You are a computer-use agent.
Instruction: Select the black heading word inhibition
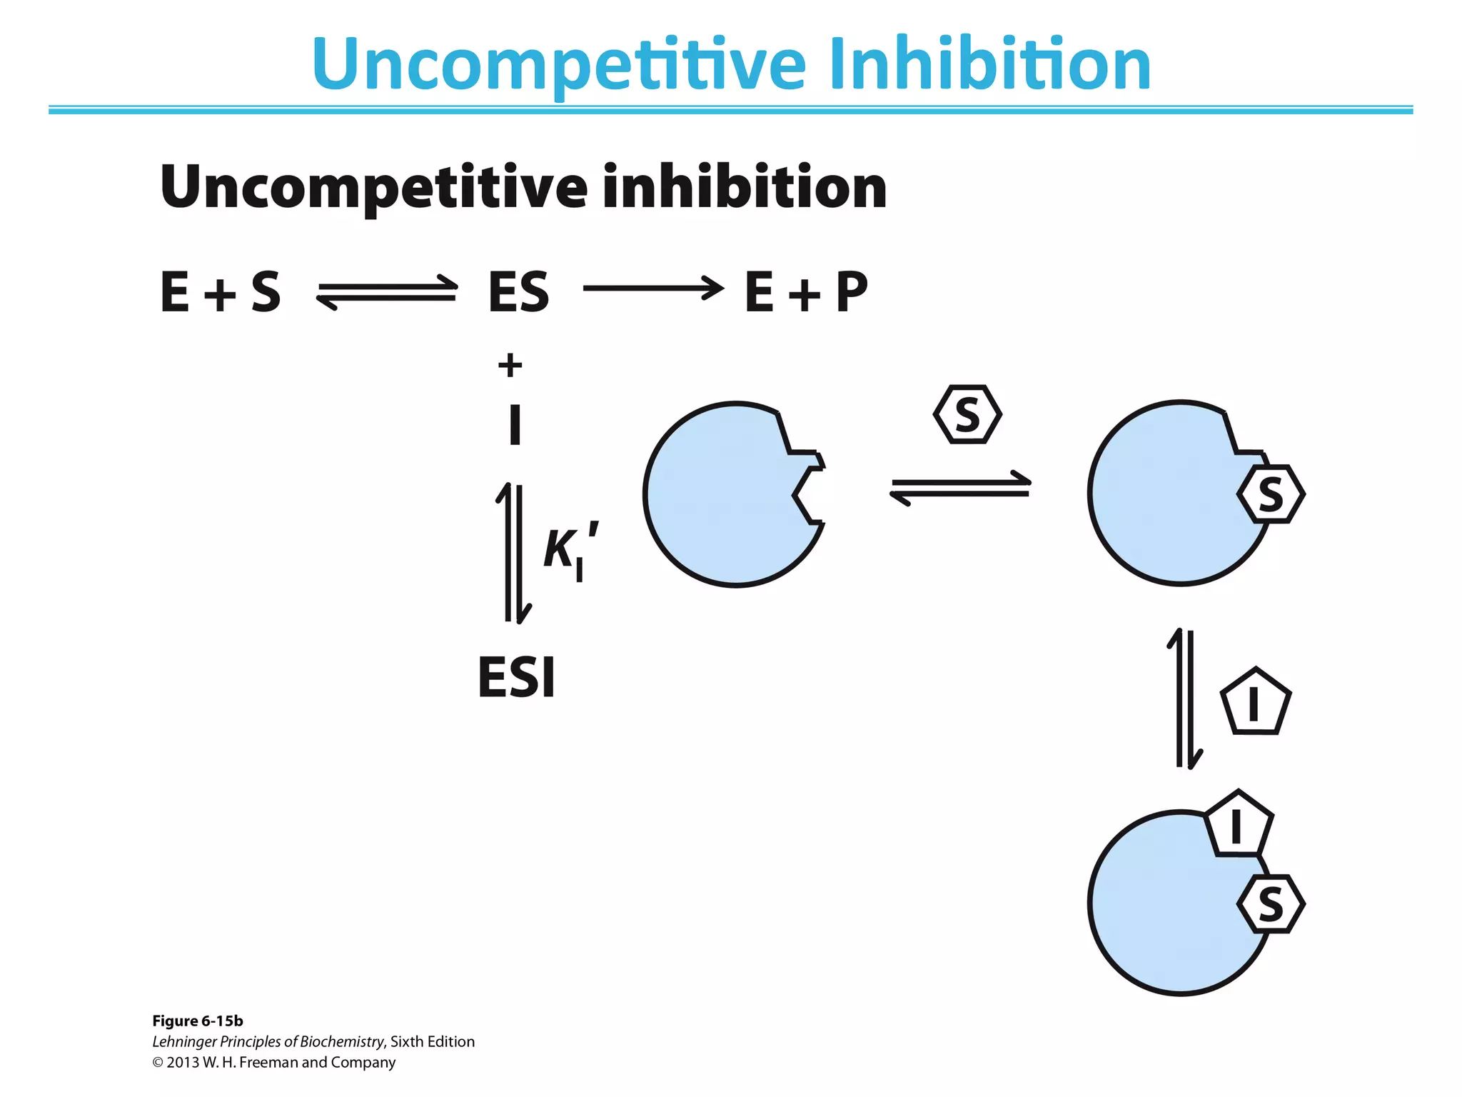click(744, 187)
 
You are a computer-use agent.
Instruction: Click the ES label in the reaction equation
click(518, 292)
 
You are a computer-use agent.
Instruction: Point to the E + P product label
click(806, 292)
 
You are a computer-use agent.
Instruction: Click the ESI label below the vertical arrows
click(516, 677)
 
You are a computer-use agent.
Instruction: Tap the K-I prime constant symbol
click(569, 551)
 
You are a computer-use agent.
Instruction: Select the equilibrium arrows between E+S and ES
click(387, 292)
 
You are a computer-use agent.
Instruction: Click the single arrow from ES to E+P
click(653, 289)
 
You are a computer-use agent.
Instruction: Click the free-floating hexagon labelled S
click(967, 415)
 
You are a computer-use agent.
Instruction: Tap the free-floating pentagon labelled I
click(1255, 703)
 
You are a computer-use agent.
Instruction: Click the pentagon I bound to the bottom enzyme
click(1238, 826)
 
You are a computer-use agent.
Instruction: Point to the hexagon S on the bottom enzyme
click(1271, 904)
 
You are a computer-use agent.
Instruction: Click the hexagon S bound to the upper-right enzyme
click(1271, 494)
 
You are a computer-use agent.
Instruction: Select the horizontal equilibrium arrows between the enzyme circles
click(960, 488)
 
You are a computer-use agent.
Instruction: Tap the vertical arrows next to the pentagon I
click(1185, 699)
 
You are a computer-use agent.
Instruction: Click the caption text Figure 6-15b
click(198, 1021)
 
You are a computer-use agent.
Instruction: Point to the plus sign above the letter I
click(510, 366)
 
